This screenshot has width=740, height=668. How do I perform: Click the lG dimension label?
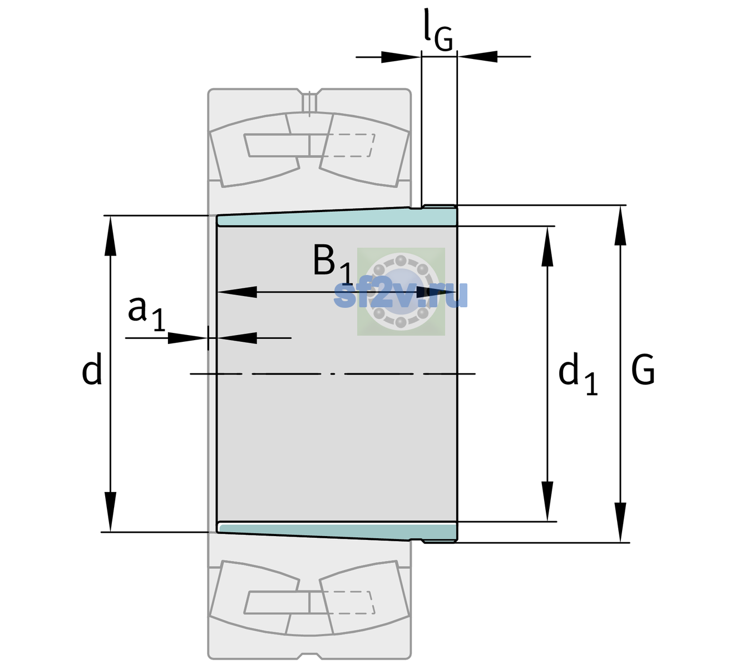(x=438, y=30)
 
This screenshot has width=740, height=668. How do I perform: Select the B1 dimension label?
(x=333, y=263)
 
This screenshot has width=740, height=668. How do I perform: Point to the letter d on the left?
(x=91, y=369)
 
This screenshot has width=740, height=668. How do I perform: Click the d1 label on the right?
(x=578, y=374)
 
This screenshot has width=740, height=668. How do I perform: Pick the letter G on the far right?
(x=643, y=370)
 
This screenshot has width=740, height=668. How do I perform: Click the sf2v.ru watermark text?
(x=401, y=295)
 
